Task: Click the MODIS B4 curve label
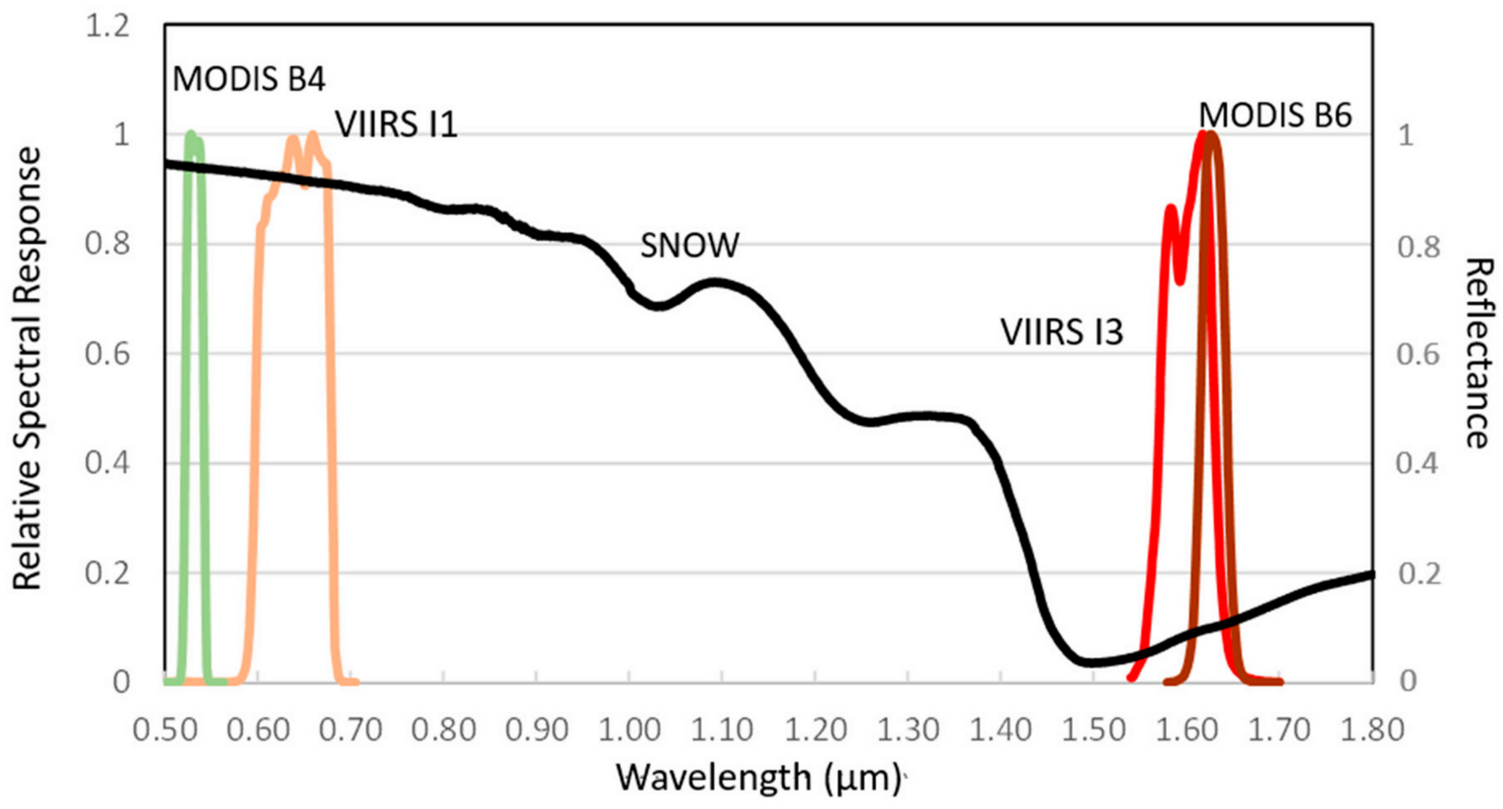click(x=248, y=79)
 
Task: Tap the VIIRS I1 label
click(x=396, y=125)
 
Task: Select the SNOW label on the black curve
click(x=689, y=246)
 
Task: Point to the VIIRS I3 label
click(x=1061, y=332)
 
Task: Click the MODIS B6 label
click(x=1275, y=115)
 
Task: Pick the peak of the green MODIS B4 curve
click(x=191, y=134)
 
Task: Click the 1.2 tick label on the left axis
click(x=107, y=27)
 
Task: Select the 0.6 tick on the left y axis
click(x=107, y=354)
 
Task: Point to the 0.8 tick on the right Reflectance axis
click(x=1418, y=247)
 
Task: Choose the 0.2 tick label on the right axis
click(x=1418, y=574)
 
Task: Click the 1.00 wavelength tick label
click(x=629, y=729)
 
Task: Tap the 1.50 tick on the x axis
click(x=1093, y=729)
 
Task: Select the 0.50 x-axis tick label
click(x=165, y=729)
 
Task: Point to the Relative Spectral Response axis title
click(x=28, y=368)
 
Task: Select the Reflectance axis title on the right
click(x=1479, y=353)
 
